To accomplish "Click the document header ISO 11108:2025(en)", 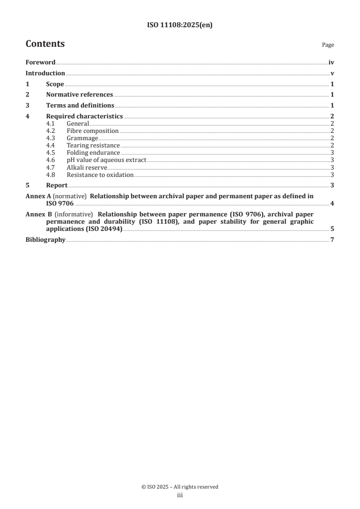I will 180,25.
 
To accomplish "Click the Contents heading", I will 45,44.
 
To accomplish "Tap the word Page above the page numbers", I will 328,45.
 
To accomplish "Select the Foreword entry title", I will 40,63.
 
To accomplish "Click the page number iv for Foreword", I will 331,63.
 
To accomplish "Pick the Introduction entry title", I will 45,73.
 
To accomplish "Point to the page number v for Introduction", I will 332,73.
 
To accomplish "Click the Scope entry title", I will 55,84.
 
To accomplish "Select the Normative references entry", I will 79,95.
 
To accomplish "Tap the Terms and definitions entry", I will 80,106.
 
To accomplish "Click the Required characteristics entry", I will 84,117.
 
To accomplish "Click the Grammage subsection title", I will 82,138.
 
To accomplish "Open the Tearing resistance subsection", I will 93,146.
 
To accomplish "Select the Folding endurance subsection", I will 93,153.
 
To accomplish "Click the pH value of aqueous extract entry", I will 106,160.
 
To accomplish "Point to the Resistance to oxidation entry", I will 100,175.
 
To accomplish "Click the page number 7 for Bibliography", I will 332,240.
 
